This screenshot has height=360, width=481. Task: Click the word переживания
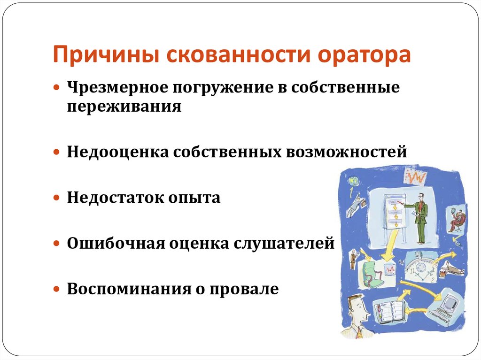pos(124,106)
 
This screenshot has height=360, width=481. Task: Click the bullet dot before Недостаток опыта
pos(56,199)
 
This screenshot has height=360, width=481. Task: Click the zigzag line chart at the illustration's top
pos(416,178)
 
